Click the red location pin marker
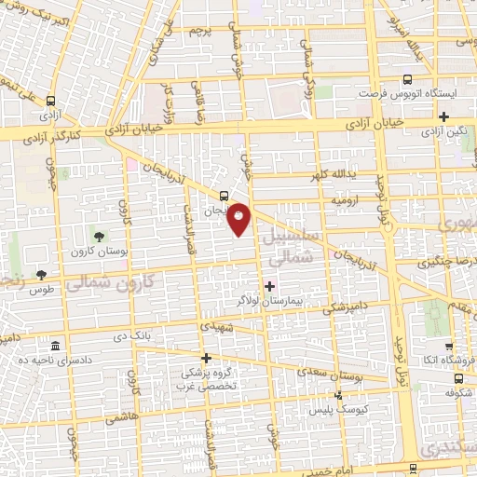click(239, 219)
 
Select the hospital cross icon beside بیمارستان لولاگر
click(270, 286)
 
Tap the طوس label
click(42, 290)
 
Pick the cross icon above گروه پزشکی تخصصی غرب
click(207, 357)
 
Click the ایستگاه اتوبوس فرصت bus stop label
click(407, 95)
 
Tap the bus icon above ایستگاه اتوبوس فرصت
click(407, 79)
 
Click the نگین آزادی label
click(444, 132)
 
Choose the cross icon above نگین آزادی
click(444, 116)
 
